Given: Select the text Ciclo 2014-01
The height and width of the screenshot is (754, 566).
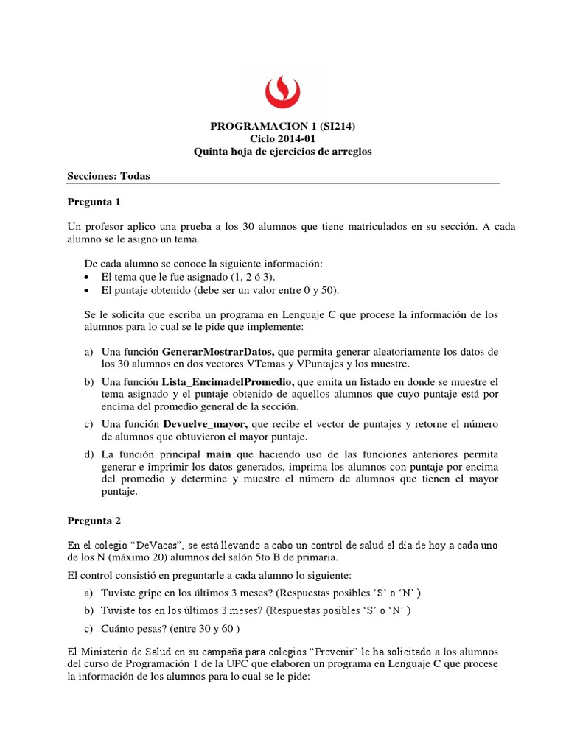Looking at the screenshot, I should pos(282,139).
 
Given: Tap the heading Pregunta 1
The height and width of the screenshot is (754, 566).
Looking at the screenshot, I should pos(93,201).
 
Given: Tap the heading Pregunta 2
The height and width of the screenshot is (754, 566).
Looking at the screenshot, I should pos(93,520).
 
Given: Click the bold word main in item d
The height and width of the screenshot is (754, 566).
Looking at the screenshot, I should pos(219,454).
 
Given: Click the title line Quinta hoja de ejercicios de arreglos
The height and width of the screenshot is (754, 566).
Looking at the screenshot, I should pos(282,152).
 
